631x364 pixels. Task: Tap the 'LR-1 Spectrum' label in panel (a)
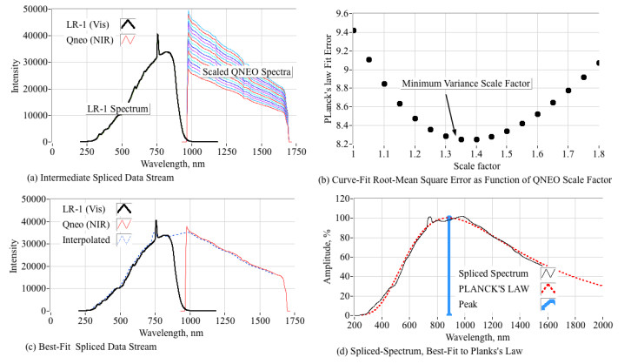(117, 108)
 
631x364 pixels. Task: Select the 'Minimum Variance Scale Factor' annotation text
(466, 84)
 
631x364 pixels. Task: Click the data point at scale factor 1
(353, 30)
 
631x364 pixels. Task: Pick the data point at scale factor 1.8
(598, 63)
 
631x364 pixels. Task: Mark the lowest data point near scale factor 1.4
(475, 139)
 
